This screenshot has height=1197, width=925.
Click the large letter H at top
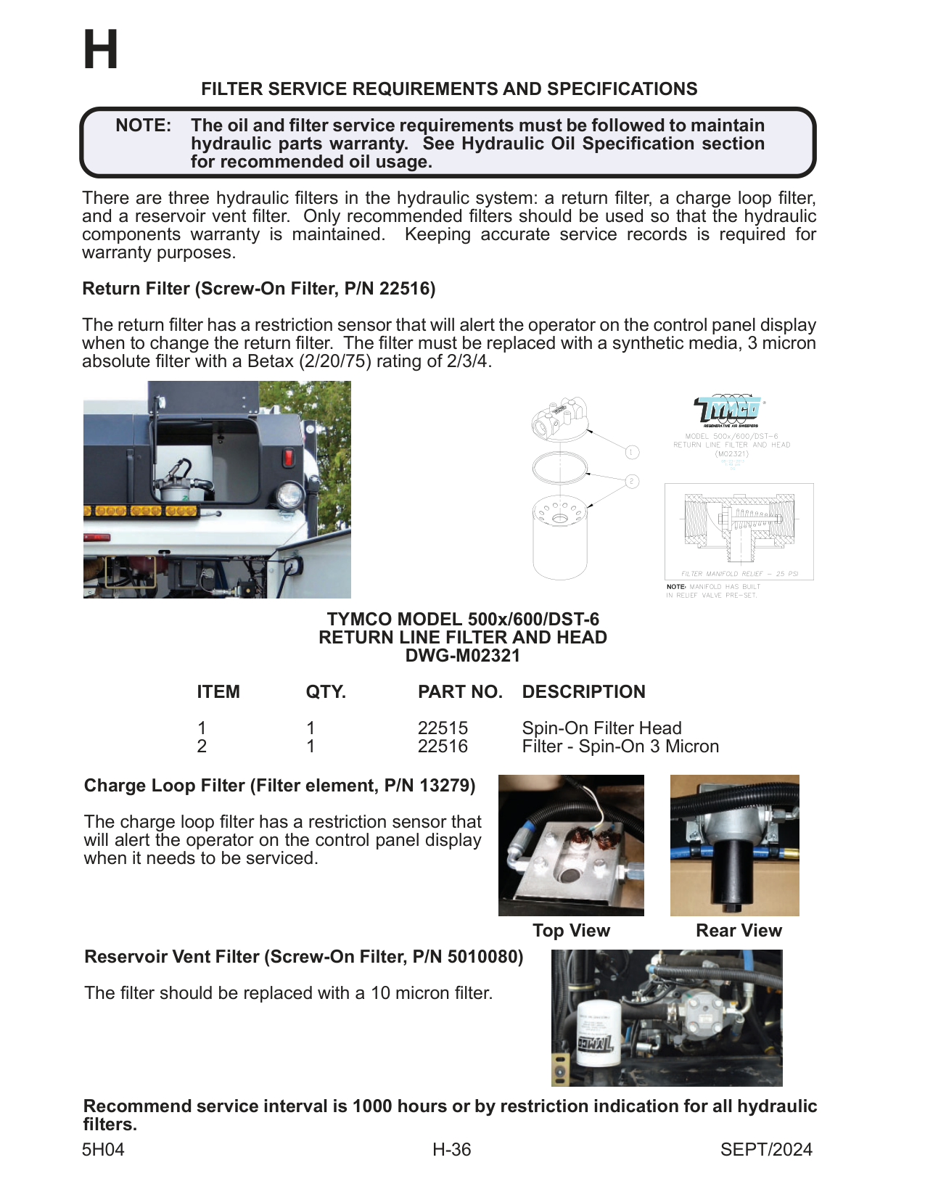tap(101, 51)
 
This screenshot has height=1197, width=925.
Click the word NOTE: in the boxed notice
tap(143, 126)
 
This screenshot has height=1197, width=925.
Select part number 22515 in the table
tap(443, 728)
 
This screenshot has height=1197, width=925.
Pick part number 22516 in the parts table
tap(443, 746)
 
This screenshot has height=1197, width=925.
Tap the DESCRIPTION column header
tap(583, 692)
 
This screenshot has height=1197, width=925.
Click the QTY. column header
tap(326, 692)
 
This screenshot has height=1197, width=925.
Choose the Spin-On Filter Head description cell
tap(601, 728)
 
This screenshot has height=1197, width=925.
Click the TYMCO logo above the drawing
tap(728, 410)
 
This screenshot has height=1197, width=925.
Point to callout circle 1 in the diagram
tap(632, 452)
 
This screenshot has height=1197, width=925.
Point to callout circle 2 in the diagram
tap(632, 481)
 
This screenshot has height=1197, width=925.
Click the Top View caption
tap(571, 931)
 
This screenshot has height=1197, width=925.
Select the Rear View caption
tap(739, 931)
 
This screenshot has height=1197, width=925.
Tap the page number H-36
tap(451, 1150)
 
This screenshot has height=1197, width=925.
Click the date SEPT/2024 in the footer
tap(766, 1150)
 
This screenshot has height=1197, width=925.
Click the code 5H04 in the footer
tap(103, 1150)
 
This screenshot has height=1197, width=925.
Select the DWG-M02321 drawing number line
tap(462, 656)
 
